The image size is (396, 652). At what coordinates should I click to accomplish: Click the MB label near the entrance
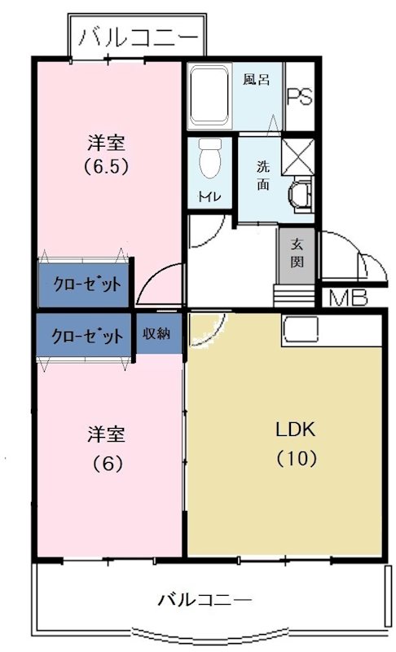(348, 298)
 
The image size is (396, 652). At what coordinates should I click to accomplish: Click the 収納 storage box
(158, 333)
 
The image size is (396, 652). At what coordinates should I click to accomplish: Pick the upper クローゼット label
(85, 284)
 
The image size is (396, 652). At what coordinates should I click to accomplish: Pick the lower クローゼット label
(85, 335)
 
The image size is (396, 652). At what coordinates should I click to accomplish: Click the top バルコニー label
(137, 37)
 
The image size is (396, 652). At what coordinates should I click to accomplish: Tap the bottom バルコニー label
(204, 600)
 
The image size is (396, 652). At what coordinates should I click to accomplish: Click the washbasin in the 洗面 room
(299, 195)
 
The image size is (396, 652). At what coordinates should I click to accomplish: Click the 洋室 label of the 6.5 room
(106, 143)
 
